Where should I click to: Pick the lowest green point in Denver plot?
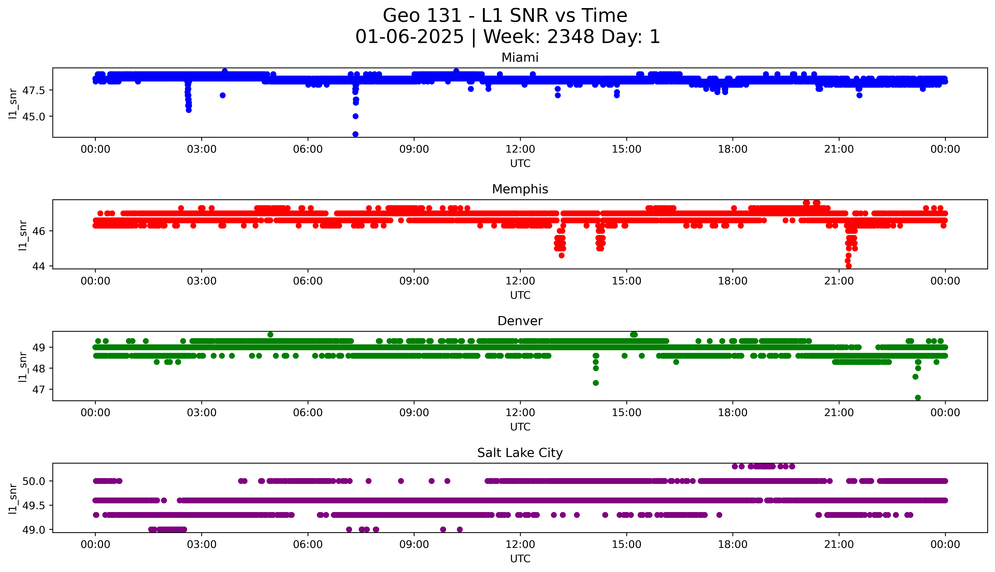pos(918,398)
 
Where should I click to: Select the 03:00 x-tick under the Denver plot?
pos(202,413)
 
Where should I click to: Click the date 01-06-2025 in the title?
pos(409,37)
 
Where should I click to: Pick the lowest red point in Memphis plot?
pos(849,266)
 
